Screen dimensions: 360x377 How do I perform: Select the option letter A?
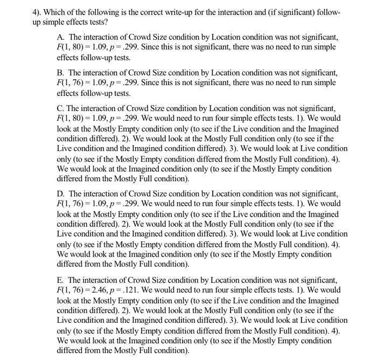point(60,37)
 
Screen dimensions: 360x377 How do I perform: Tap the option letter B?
point(60,72)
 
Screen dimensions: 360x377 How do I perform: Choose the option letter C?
point(60,108)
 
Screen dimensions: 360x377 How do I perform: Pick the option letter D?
point(60,193)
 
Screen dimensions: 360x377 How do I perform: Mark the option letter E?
point(60,280)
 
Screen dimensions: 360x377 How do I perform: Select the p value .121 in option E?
point(141,290)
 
